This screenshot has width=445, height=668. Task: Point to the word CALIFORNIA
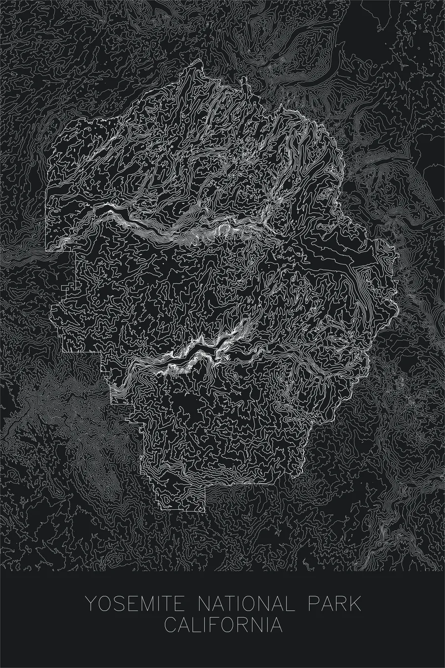click(223, 624)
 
